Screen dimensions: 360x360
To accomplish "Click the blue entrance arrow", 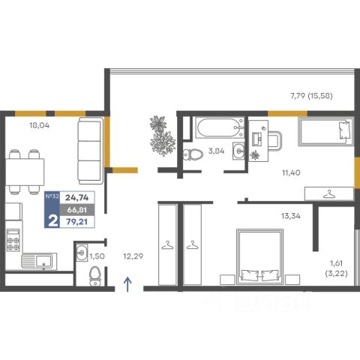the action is [x=127, y=284].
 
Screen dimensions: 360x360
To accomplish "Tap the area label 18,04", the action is [x=40, y=125].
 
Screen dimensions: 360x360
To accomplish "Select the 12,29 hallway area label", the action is [x=133, y=256].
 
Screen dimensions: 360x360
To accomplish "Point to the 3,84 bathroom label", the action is [x=216, y=151].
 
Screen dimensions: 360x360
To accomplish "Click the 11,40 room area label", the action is [x=291, y=172].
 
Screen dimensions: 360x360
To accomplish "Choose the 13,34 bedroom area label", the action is [x=291, y=216].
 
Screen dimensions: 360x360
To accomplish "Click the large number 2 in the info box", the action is [x=52, y=221].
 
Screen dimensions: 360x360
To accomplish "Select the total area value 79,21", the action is [x=76, y=222].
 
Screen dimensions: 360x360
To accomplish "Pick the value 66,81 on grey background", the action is [x=76, y=210].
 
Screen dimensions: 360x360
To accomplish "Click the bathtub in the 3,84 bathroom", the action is [x=220, y=127].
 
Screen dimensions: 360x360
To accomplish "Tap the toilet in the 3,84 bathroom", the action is [x=193, y=154].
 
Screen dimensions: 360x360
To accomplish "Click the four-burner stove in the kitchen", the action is [x=13, y=240].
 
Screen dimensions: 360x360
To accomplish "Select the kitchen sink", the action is [x=39, y=261].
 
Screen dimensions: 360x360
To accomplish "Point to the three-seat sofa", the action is [x=90, y=151].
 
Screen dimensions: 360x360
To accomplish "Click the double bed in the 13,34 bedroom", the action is [x=260, y=256].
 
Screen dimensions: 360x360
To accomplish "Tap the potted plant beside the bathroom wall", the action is [x=162, y=136].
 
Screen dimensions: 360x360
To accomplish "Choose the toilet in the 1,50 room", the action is [x=95, y=276].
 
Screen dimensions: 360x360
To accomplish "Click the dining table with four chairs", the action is [x=25, y=172].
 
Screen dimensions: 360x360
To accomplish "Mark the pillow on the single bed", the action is [x=344, y=130].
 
